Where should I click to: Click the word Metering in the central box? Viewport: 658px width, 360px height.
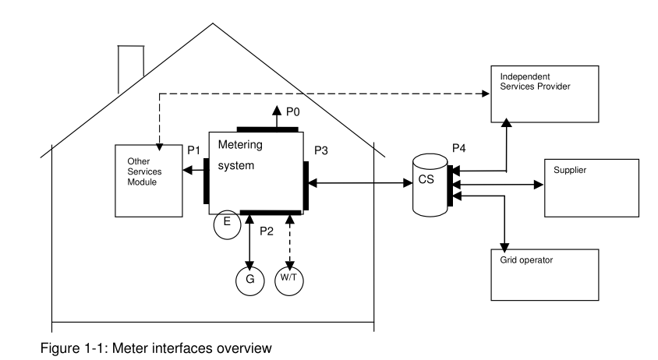pos(236,146)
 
